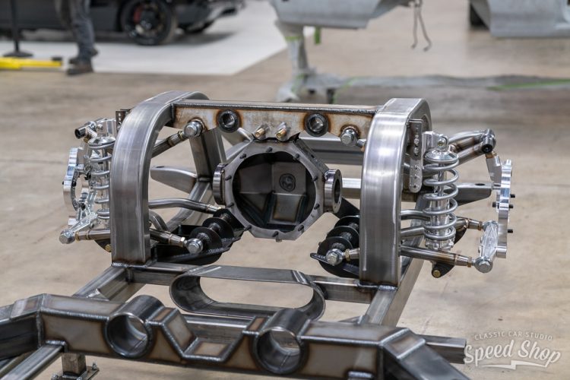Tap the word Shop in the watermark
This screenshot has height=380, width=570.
click(x=538, y=352)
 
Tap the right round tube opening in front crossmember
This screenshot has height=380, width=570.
click(x=278, y=348)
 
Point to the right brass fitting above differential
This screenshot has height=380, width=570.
click(x=281, y=131)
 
